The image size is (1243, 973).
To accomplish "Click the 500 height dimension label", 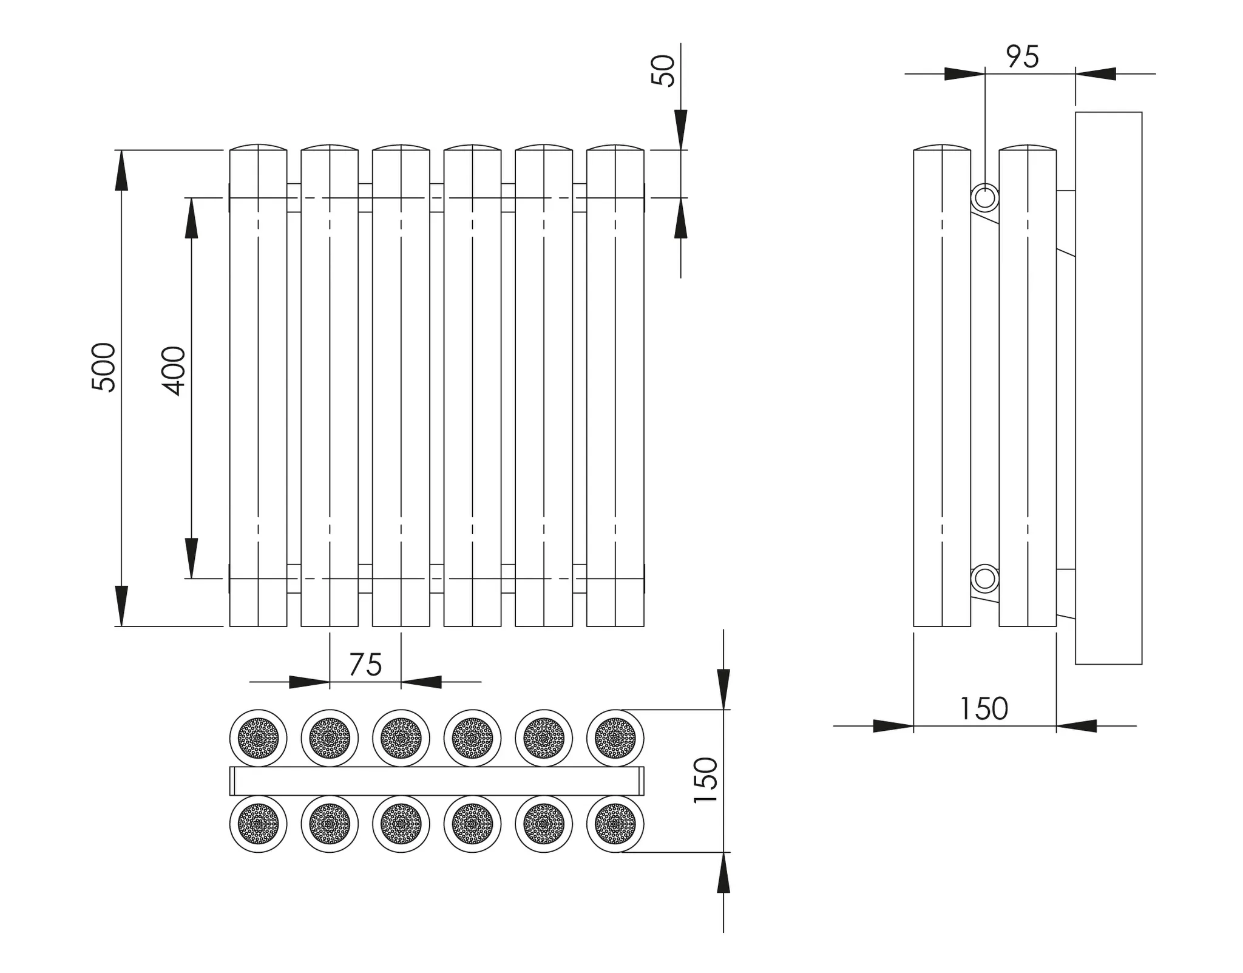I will pyautogui.click(x=104, y=367).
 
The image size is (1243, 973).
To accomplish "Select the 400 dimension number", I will pyautogui.click(x=174, y=371).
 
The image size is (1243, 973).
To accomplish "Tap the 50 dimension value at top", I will pyautogui.click(x=663, y=71).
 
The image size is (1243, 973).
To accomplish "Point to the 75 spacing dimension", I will pyautogui.click(x=365, y=665).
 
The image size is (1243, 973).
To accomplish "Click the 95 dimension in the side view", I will pyautogui.click(x=1023, y=57).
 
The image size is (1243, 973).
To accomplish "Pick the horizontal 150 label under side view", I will pyautogui.click(x=984, y=708).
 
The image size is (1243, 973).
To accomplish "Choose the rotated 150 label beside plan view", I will pyautogui.click(x=706, y=781).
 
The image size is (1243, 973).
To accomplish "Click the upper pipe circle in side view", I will pyautogui.click(x=984, y=198).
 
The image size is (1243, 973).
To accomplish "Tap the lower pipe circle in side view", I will pyautogui.click(x=984, y=579).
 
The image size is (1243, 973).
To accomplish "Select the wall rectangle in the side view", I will pyautogui.click(x=1108, y=388).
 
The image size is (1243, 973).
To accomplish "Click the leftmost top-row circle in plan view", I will pyautogui.click(x=259, y=738).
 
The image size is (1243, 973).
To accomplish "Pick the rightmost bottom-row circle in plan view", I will pyautogui.click(x=615, y=824).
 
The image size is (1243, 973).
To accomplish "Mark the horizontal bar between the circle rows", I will pyautogui.click(x=437, y=781).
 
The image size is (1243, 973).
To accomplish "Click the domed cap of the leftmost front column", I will pyautogui.click(x=259, y=147).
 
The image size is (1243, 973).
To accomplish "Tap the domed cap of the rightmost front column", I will pyautogui.click(x=615, y=147).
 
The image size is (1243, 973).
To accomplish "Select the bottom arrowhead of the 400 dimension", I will pyautogui.click(x=191, y=558).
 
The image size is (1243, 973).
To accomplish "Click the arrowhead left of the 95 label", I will pyautogui.click(x=964, y=74).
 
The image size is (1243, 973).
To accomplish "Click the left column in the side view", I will pyautogui.click(x=942, y=388).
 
